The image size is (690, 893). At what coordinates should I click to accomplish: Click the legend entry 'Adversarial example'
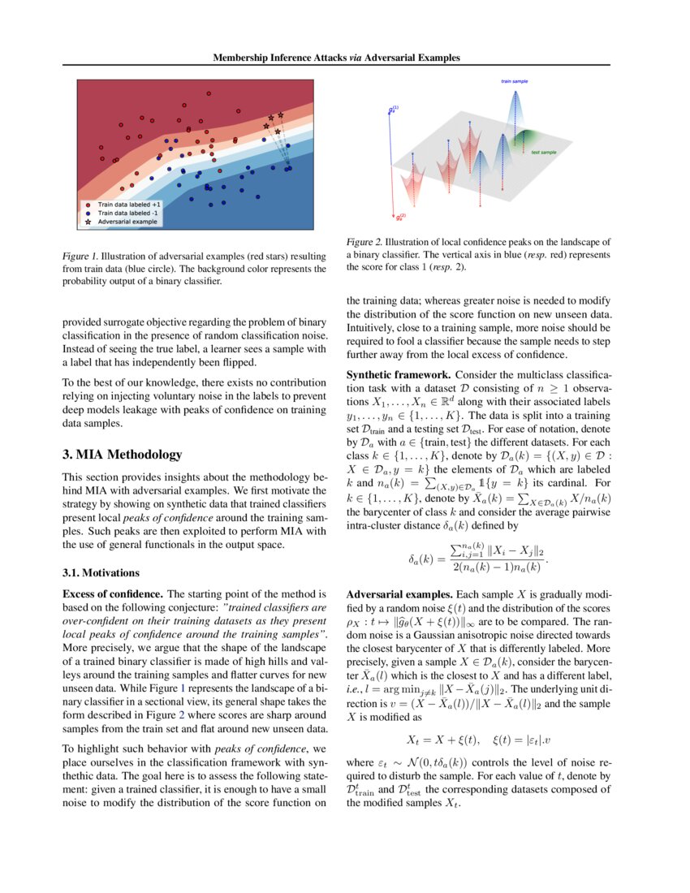pyautogui.click(x=128, y=221)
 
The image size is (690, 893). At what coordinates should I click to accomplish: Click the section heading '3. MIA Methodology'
pyautogui.click(x=122, y=455)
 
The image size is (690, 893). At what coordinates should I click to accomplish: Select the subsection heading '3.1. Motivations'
pyautogui.click(x=101, y=572)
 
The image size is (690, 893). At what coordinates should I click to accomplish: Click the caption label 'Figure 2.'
pyautogui.click(x=364, y=242)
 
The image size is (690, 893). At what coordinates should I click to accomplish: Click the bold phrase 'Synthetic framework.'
pyautogui.click(x=399, y=375)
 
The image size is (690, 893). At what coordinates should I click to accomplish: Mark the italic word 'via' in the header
pyautogui.click(x=361, y=58)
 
